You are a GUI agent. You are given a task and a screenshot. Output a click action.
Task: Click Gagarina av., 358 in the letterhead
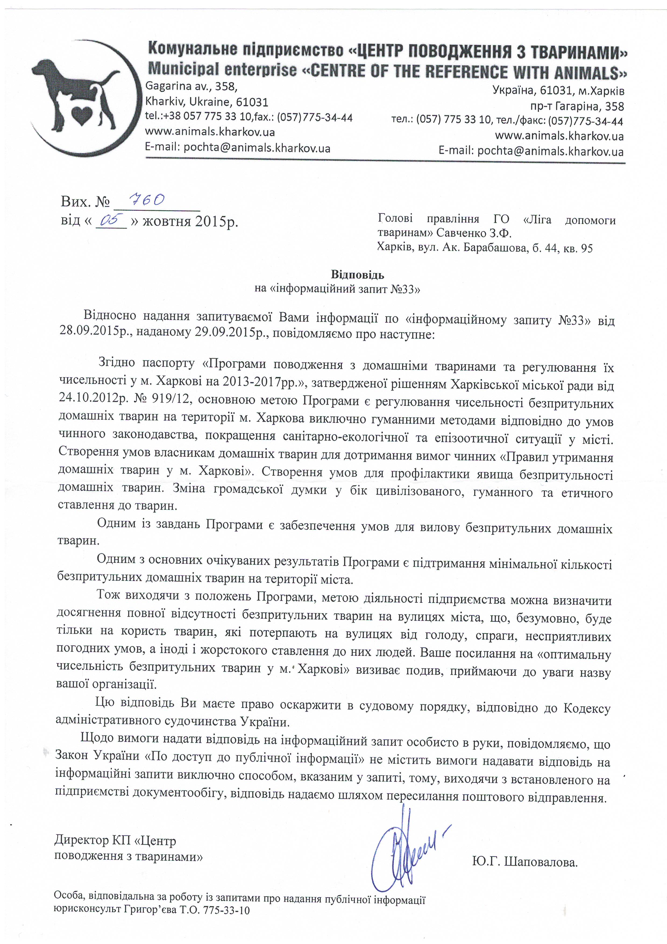click(x=191, y=87)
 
